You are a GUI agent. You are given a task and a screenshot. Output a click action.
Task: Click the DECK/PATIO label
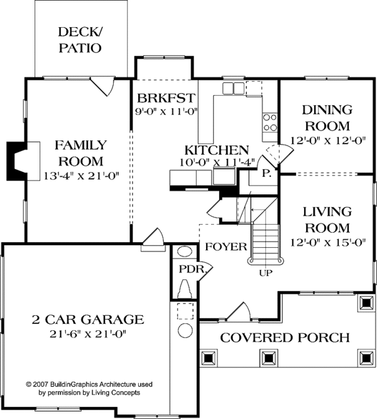click(x=80, y=40)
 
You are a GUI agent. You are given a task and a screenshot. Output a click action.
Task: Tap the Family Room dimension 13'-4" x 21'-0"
click(x=81, y=176)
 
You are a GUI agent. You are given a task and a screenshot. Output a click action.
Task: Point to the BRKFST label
click(x=166, y=98)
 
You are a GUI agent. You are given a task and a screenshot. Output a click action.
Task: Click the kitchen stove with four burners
click(x=270, y=123)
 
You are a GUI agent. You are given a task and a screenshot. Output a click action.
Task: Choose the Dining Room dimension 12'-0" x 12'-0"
click(x=327, y=140)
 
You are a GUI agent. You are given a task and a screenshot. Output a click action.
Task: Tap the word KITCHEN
click(x=217, y=150)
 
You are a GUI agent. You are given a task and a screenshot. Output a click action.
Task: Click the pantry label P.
click(x=266, y=174)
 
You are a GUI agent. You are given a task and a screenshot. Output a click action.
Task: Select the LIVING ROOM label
click(x=327, y=220)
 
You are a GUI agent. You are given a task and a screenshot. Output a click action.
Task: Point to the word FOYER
click(x=226, y=247)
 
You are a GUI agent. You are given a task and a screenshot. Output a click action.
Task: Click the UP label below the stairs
click(x=266, y=273)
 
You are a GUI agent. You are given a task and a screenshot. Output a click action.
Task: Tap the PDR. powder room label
click(x=193, y=269)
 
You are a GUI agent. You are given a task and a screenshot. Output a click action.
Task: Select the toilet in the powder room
click(x=185, y=289)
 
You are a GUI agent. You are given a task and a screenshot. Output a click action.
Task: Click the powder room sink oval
click(x=185, y=252)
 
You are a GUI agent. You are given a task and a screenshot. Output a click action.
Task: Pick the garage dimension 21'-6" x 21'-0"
click(x=88, y=334)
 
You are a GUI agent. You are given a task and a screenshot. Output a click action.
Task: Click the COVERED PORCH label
click(x=285, y=338)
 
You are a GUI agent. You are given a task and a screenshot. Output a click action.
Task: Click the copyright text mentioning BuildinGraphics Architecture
click(x=89, y=389)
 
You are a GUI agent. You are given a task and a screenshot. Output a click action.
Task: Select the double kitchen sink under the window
click(x=234, y=89)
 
